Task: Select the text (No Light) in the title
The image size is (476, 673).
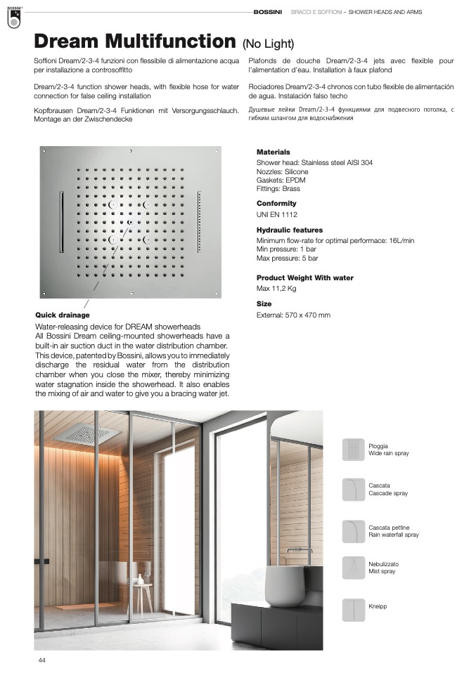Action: [x=268, y=44]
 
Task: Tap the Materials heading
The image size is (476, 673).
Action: [x=273, y=152]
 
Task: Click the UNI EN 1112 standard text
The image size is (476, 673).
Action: [x=277, y=214]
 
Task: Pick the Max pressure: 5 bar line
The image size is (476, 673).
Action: [x=287, y=259]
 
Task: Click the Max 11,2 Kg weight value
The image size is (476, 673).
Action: [x=276, y=289]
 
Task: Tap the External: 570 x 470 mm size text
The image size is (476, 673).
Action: [x=293, y=315]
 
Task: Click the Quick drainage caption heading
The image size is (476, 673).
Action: [x=63, y=315]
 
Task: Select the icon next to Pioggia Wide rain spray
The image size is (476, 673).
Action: [x=353, y=450]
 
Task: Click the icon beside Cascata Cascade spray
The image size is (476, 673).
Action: [x=353, y=490]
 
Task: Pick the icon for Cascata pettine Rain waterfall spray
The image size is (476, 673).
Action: [x=353, y=531]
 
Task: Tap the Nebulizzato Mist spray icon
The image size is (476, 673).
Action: [x=353, y=568]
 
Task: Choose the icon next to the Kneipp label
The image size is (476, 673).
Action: [x=353, y=609]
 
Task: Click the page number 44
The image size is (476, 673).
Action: [x=42, y=660]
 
